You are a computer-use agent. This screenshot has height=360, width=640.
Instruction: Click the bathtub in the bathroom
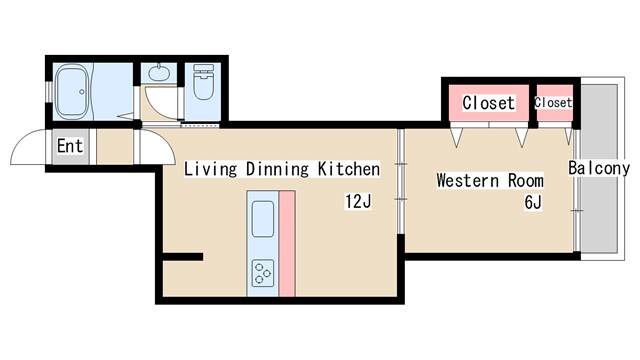pos(72,92)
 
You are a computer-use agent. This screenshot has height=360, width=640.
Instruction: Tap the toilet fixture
pos(203,82)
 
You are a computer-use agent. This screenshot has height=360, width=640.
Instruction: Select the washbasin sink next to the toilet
pos(159,73)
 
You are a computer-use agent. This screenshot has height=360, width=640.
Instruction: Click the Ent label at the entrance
pos(70,146)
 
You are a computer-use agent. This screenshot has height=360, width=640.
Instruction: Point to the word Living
pos(210,169)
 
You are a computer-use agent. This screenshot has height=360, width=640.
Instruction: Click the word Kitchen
pos(349,169)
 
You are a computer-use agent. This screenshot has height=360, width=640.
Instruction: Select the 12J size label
pos(358,201)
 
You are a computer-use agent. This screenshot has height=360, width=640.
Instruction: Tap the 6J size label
pos(533,202)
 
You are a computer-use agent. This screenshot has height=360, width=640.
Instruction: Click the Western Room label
pos(490,180)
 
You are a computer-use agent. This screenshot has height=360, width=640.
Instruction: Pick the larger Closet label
pos(488,103)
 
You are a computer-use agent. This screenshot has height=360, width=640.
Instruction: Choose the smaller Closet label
pos(553,102)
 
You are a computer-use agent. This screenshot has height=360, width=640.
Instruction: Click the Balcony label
pos(599,168)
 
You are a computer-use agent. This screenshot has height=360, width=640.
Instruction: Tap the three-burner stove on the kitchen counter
pos(263,273)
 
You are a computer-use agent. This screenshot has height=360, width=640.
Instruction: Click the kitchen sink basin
pos(263,219)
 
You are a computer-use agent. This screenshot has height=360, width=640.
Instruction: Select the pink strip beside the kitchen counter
pos(287,244)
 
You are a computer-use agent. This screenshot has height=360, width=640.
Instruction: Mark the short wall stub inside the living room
pos(183,257)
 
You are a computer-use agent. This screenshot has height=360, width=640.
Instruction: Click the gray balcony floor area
pos(599,168)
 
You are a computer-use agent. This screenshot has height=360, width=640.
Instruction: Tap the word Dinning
pos(277,169)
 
